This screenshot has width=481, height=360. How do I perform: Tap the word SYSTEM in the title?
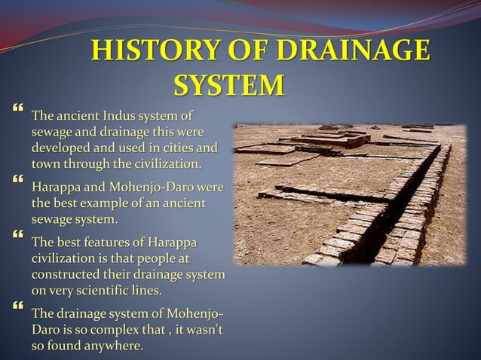point(230,85)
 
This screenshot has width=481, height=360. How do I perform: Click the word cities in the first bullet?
point(181,147)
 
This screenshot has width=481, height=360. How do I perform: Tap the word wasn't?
point(204,331)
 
